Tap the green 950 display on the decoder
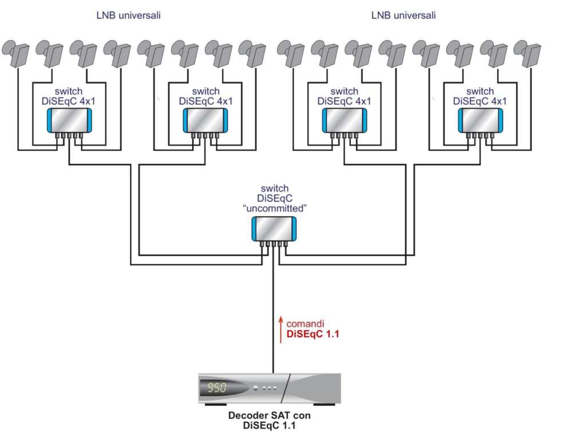click(x=217, y=388)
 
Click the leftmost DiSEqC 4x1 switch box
click(x=68, y=121)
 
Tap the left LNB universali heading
click(x=128, y=15)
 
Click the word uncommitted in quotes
click(x=275, y=208)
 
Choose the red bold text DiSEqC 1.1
click(x=313, y=335)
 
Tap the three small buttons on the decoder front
click(x=269, y=388)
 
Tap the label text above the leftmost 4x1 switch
click(x=69, y=96)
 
